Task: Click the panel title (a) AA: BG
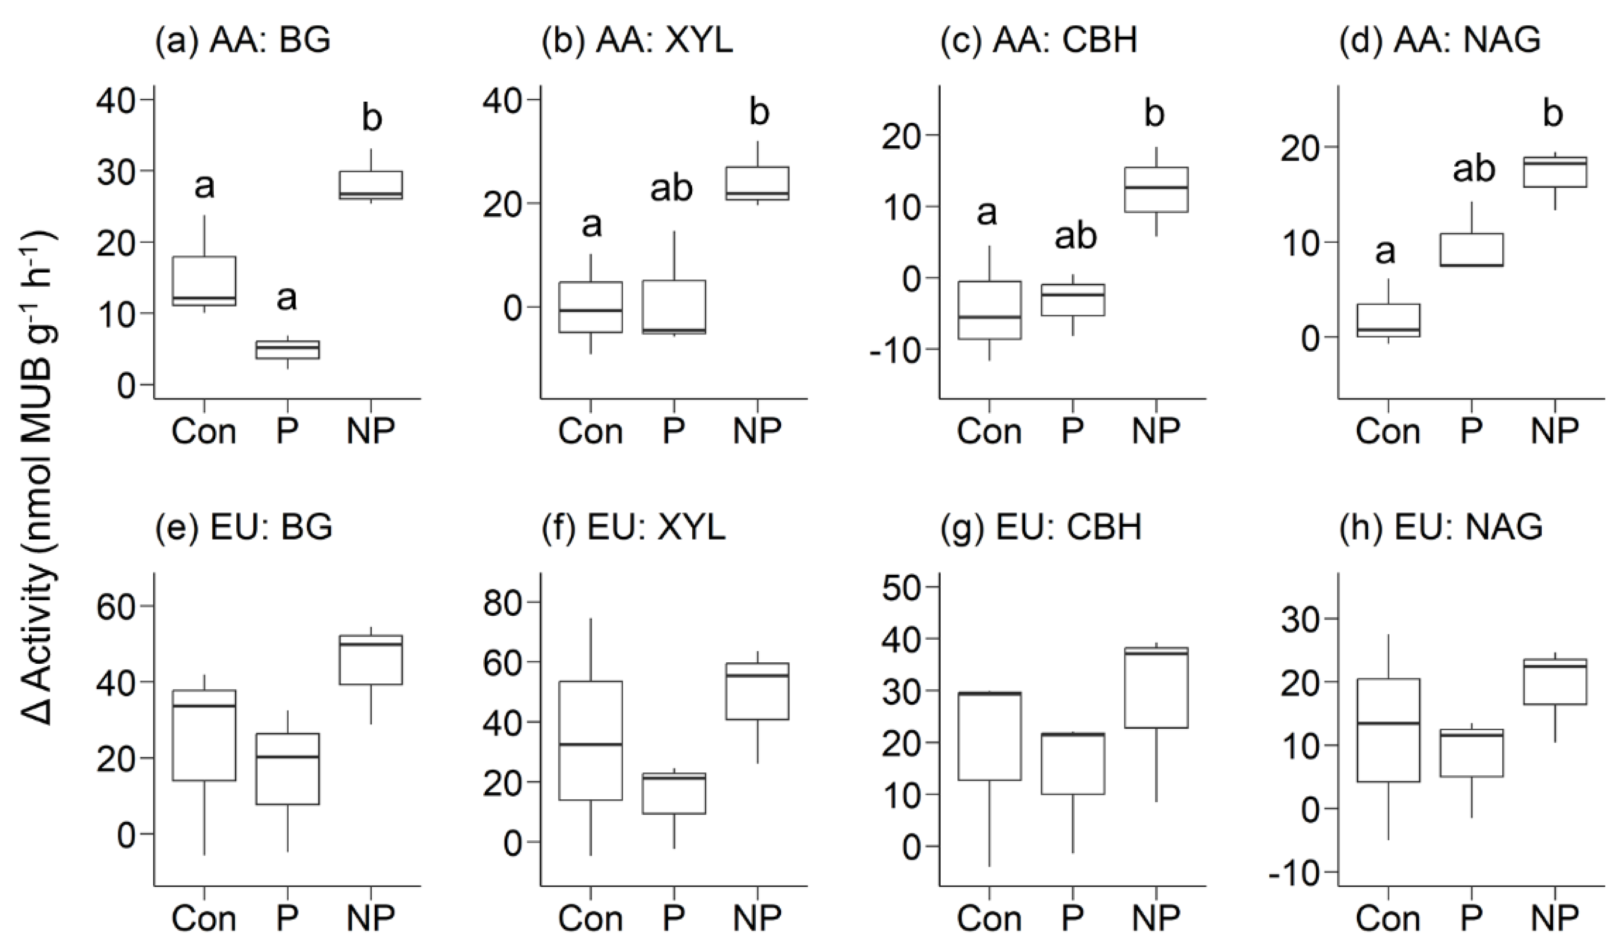[243, 41]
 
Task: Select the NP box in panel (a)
[371, 185]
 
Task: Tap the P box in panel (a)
[287, 350]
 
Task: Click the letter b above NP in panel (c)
[1155, 113]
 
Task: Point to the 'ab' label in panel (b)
[671, 188]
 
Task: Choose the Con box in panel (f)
[590, 740]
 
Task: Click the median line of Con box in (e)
[204, 705]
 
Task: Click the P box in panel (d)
[1471, 250]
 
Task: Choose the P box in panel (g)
[1072, 763]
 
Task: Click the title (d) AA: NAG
[1440, 41]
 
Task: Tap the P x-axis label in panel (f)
[673, 917]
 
